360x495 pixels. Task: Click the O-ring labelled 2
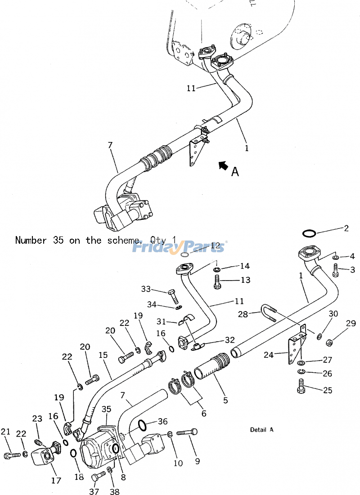click(x=309, y=233)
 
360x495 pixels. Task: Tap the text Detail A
click(x=261, y=430)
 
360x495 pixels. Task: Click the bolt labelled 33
click(x=173, y=294)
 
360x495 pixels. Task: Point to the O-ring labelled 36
click(x=141, y=425)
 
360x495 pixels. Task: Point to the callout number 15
click(x=103, y=355)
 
